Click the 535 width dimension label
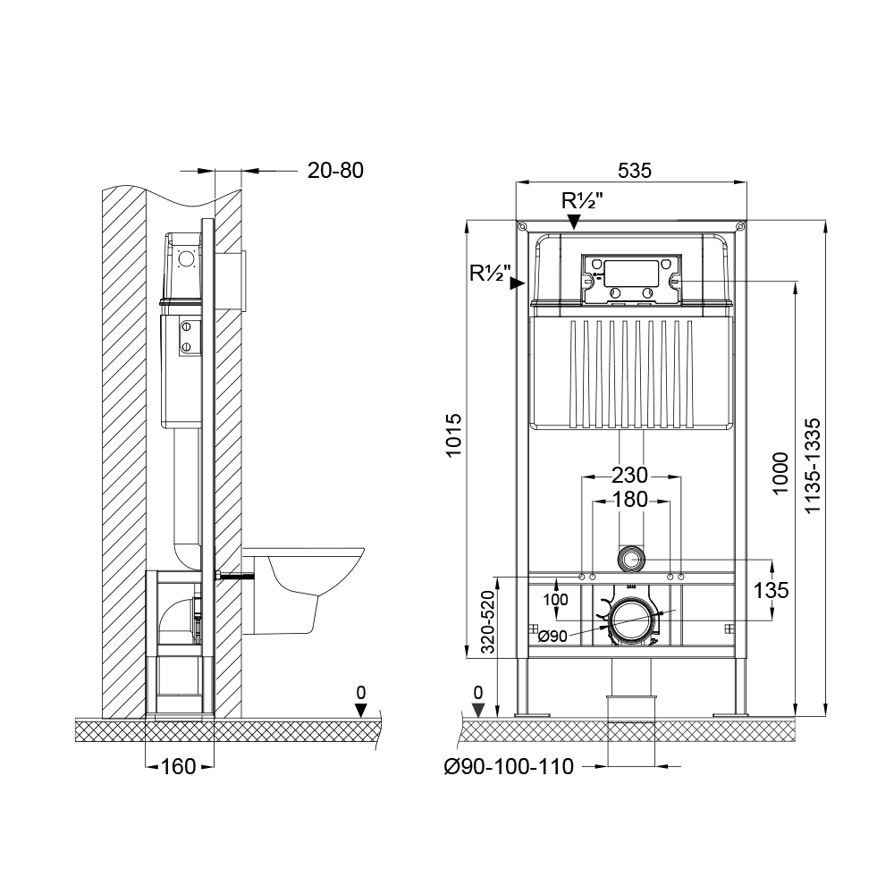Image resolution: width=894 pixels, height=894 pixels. click(631, 169)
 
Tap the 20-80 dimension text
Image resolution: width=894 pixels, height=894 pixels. click(335, 170)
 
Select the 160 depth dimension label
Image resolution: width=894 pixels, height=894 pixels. click(177, 766)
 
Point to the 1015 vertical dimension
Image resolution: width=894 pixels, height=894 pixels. click(454, 435)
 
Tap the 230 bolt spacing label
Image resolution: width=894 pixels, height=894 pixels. click(631, 475)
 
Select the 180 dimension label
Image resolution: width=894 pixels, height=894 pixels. click(631, 500)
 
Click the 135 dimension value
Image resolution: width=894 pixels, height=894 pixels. click(771, 590)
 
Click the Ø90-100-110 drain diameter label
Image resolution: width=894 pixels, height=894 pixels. click(508, 766)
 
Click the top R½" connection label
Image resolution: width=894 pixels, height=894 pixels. click(582, 201)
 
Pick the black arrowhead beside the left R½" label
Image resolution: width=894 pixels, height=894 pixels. click(517, 283)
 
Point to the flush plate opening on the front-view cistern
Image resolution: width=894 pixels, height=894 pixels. click(631, 273)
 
